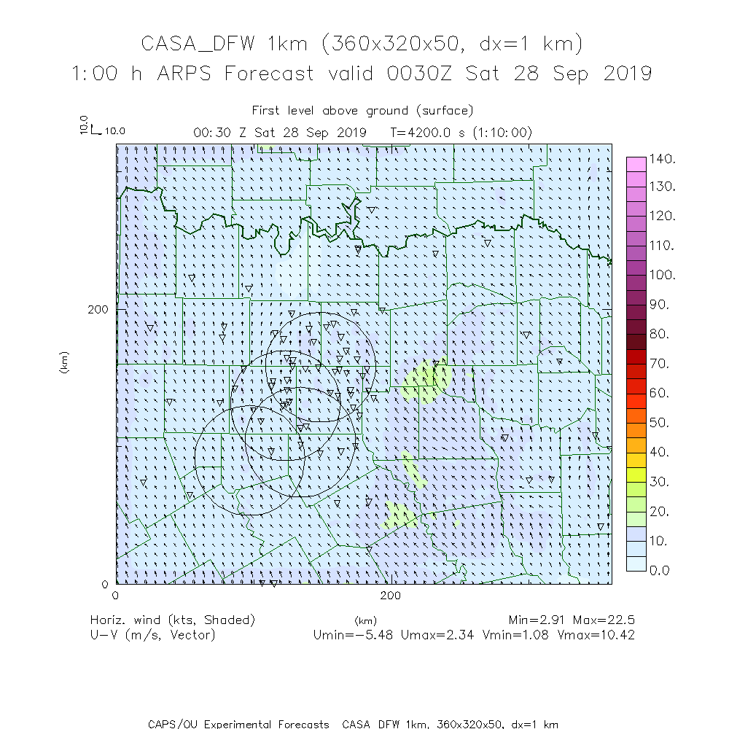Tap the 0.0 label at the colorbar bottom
660,570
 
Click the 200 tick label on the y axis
98,309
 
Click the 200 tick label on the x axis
391,596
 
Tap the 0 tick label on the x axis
116,596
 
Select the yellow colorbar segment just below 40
636,459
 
